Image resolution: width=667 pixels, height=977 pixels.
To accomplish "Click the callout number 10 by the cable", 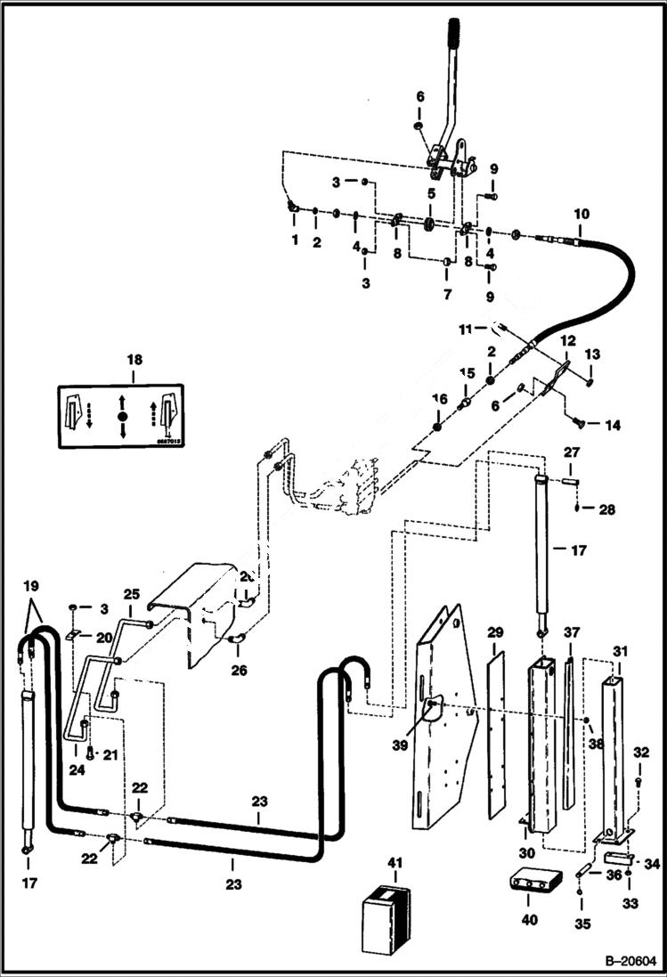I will point(581,215).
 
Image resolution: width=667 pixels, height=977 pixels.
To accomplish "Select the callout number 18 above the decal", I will point(134,360).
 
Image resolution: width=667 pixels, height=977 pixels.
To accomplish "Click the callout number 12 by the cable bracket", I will point(567,341).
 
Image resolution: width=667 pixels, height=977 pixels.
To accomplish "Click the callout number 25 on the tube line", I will point(132,593).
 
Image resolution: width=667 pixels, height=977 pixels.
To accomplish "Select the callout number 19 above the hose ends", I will point(31,587).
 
